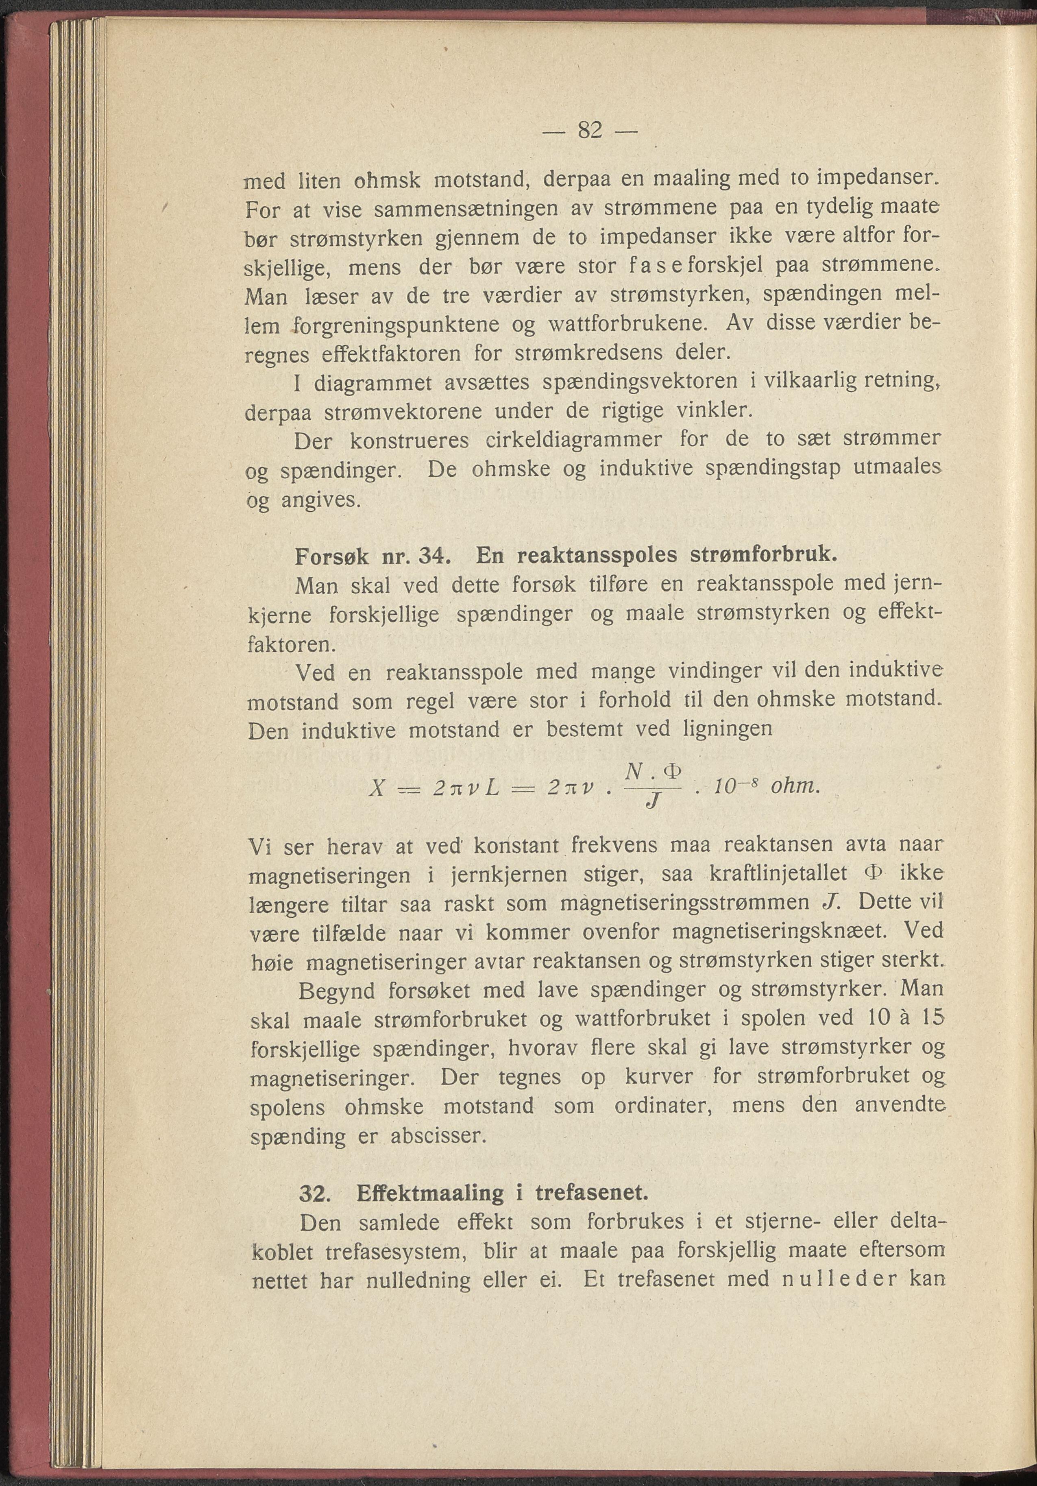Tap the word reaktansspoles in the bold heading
(x=595, y=556)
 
